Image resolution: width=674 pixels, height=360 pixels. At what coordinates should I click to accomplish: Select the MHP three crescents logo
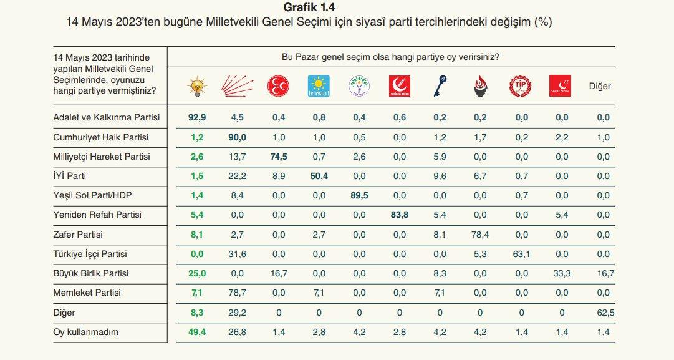(277, 86)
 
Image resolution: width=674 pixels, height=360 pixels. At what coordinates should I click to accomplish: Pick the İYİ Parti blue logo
(319, 86)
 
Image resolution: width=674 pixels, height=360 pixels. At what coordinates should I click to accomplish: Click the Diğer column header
(600, 86)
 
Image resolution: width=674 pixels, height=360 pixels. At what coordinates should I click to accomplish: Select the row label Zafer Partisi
(79, 235)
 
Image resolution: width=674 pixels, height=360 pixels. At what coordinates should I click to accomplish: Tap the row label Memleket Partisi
(87, 293)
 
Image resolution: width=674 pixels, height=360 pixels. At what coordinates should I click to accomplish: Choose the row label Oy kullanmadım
(86, 333)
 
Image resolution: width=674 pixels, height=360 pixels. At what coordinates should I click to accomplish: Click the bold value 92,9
(198, 117)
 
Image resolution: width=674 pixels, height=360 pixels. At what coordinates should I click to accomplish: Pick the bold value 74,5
(278, 157)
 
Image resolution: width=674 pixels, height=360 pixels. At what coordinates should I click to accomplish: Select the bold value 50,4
(318, 177)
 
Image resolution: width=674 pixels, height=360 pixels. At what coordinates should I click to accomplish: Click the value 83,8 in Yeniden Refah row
(399, 215)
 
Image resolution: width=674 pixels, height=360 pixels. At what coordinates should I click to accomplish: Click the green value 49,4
(198, 333)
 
